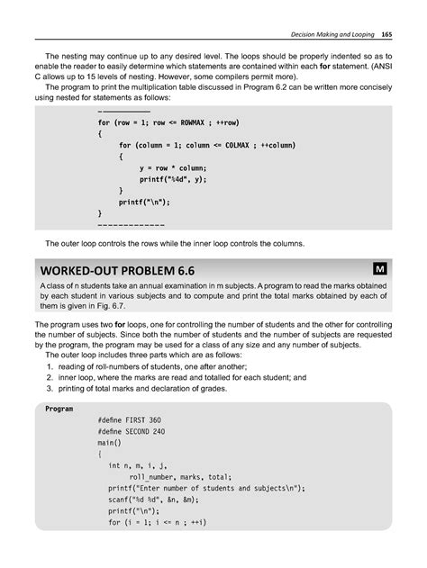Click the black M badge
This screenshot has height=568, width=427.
pyautogui.click(x=382, y=268)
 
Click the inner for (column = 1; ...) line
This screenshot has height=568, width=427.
pyautogui.click(x=206, y=145)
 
